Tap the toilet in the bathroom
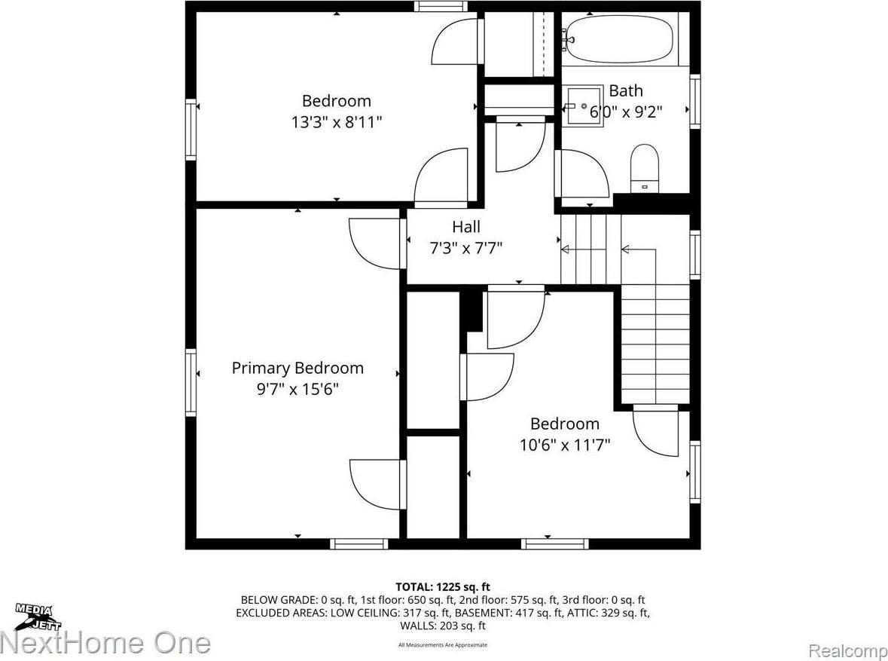coord(644,167)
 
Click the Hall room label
coord(465,227)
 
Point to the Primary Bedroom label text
coord(297,369)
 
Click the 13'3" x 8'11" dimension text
coord(337,122)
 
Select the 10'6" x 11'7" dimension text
coord(564,445)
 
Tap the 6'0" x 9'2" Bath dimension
coord(627,112)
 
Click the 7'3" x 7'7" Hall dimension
coord(465,247)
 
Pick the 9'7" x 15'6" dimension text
coord(297,390)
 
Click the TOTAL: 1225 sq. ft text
coord(444,587)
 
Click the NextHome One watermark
coord(105,643)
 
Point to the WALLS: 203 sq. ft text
coord(444,626)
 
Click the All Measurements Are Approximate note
coord(444,645)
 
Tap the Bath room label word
coord(626,91)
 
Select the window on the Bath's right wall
coord(695,100)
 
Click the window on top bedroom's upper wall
coord(441,7)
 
